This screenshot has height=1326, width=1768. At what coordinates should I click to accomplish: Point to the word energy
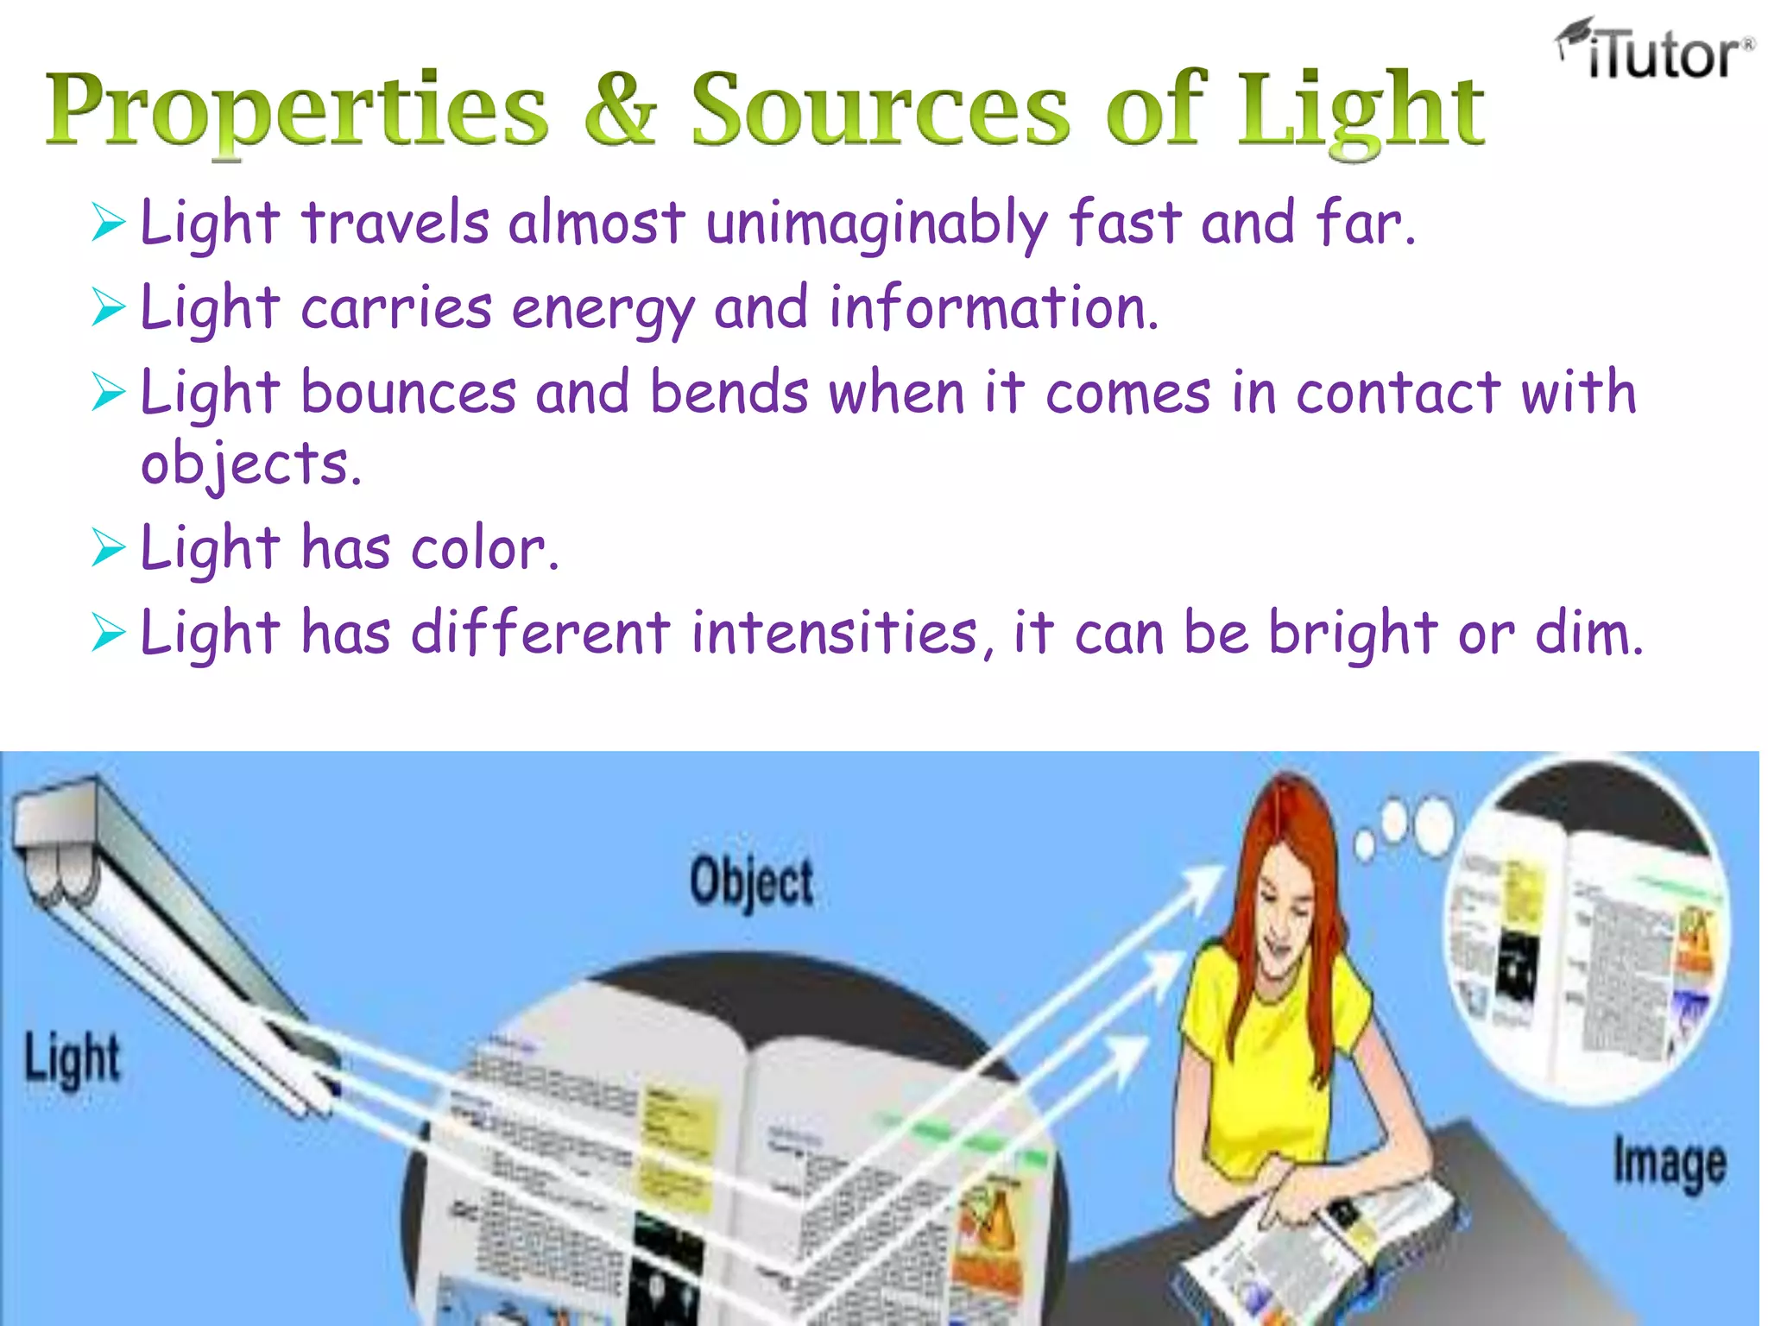[x=603, y=309]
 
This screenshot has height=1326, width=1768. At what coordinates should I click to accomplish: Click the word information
[x=993, y=307]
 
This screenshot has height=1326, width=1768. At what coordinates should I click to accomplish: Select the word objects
[x=250, y=464]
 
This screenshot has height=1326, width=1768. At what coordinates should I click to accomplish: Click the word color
[x=485, y=549]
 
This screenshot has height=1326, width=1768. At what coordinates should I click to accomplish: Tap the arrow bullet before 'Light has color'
[x=109, y=548]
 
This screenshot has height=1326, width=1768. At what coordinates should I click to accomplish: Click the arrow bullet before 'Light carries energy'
[x=109, y=307]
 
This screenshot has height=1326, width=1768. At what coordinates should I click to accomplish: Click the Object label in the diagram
[x=751, y=881]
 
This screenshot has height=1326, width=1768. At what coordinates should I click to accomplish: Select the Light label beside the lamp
[x=73, y=1058]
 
